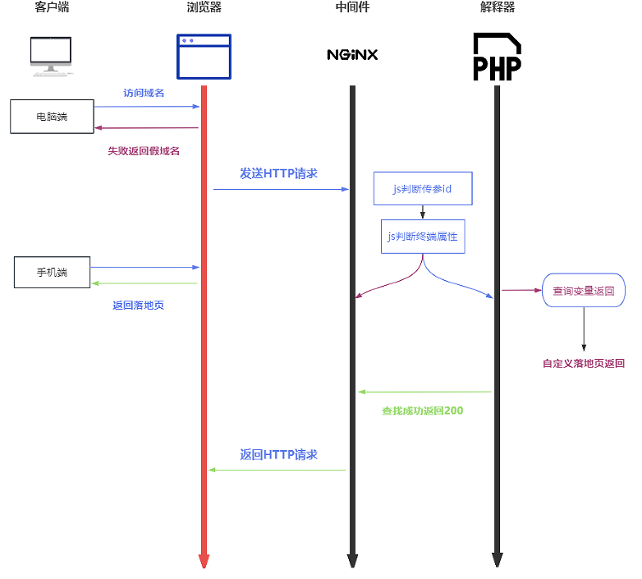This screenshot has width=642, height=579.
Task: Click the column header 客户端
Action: [53, 8]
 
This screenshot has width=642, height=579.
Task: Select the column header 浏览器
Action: [204, 8]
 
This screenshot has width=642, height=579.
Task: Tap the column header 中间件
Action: [352, 8]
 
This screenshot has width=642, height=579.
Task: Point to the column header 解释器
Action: [498, 8]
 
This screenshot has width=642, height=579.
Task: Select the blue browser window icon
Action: [204, 56]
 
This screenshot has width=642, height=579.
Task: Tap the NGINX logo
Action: [352, 55]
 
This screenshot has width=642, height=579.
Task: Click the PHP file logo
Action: [497, 57]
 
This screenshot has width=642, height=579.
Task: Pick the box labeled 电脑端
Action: [52, 117]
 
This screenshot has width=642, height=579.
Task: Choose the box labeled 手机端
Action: [53, 273]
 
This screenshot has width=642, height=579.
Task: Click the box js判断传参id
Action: [422, 189]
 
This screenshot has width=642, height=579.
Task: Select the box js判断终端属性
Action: [422, 237]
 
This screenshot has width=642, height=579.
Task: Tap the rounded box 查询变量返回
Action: [583, 291]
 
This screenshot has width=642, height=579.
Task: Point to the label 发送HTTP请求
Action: [278, 173]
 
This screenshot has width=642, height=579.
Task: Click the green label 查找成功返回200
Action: [422, 410]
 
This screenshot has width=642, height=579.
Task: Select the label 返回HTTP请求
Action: [278, 454]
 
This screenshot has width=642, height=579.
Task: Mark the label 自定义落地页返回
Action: [584, 363]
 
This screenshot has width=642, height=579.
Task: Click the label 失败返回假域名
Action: [144, 151]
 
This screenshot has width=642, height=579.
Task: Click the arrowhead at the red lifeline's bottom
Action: [204, 562]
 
